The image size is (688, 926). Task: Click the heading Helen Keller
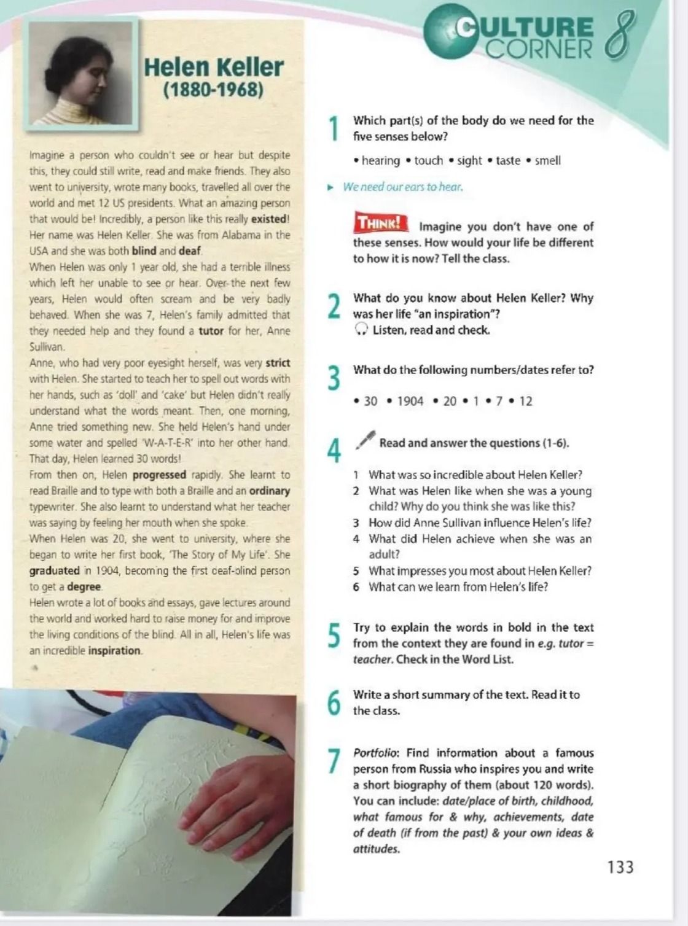213,67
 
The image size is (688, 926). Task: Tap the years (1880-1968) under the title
213,90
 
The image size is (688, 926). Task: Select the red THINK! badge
380,222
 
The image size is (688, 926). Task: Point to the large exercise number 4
334,451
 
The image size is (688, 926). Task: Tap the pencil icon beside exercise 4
365,440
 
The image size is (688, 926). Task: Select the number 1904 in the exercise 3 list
410,401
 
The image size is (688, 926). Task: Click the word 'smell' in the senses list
548,161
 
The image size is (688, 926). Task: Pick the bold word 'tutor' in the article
211,331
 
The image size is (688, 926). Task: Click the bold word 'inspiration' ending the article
114,651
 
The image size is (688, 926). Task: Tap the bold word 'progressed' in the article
160,475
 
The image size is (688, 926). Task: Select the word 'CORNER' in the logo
539,49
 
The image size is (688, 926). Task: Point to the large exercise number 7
334,761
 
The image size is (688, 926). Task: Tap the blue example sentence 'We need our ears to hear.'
403,187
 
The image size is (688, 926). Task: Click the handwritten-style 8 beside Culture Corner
621,36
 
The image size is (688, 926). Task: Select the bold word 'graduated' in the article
54,571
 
